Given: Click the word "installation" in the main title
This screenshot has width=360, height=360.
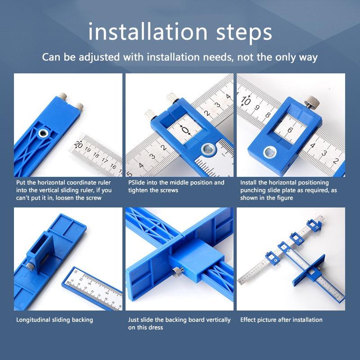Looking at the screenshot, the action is coord(148,31).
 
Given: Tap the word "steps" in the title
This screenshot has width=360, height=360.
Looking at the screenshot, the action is coord(244,33).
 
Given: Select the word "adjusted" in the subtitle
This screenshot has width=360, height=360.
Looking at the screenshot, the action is coord(99,58).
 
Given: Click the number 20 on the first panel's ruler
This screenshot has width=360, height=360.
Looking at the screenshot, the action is coord(78,144).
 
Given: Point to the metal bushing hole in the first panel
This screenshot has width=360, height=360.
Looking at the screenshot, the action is coord(43,133).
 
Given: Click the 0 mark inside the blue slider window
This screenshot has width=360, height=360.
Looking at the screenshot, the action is coord(185,130).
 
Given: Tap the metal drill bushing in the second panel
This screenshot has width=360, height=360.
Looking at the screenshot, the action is coord(208,149).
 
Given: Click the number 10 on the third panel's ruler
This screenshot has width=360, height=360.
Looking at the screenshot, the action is coord(246,100).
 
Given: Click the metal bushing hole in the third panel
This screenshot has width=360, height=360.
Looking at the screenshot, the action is coord(270,153).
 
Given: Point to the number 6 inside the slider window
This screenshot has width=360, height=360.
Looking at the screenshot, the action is coord(290,130).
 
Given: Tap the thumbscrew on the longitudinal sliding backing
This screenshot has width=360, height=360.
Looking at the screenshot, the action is coord(30,266).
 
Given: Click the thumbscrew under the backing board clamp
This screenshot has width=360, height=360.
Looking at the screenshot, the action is coord(178,272).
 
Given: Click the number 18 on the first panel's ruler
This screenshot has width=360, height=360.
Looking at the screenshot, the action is coord(96,155).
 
